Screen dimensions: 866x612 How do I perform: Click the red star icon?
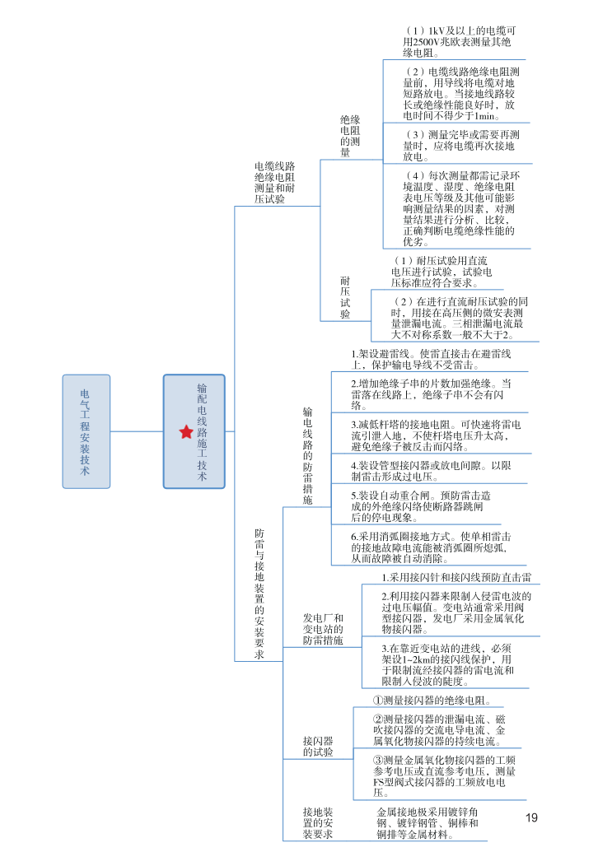pyautogui.click(x=185, y=431)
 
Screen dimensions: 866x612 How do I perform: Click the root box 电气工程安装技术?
pyautogui.click(x=86, y=431)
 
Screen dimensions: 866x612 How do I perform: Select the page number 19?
pyautogui.click(x=531, y=817)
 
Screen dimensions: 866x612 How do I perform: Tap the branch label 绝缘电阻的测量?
pyautogui.click(x=350, y=136)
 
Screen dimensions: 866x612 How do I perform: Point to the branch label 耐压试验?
pyautogui.click(x=345, y=297)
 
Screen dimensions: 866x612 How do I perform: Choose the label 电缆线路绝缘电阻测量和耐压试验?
pyautogui.click(x=275, y=182)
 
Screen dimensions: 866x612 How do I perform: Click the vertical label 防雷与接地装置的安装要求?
pyautogui.click(x=259, y=594)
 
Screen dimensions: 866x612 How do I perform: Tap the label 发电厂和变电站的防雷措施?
pyautogui.click(x=323, y=629)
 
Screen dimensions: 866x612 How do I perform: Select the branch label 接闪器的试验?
pyautogui.click(x=318, y=746)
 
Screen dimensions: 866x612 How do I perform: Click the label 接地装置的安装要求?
pyautogui.click(x=318, y=822)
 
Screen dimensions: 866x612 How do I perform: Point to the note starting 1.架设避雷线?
pyautogui.click(x=432, y=359)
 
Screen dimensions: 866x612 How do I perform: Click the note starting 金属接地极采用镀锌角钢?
pyautogui.click(x=427, y=822)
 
